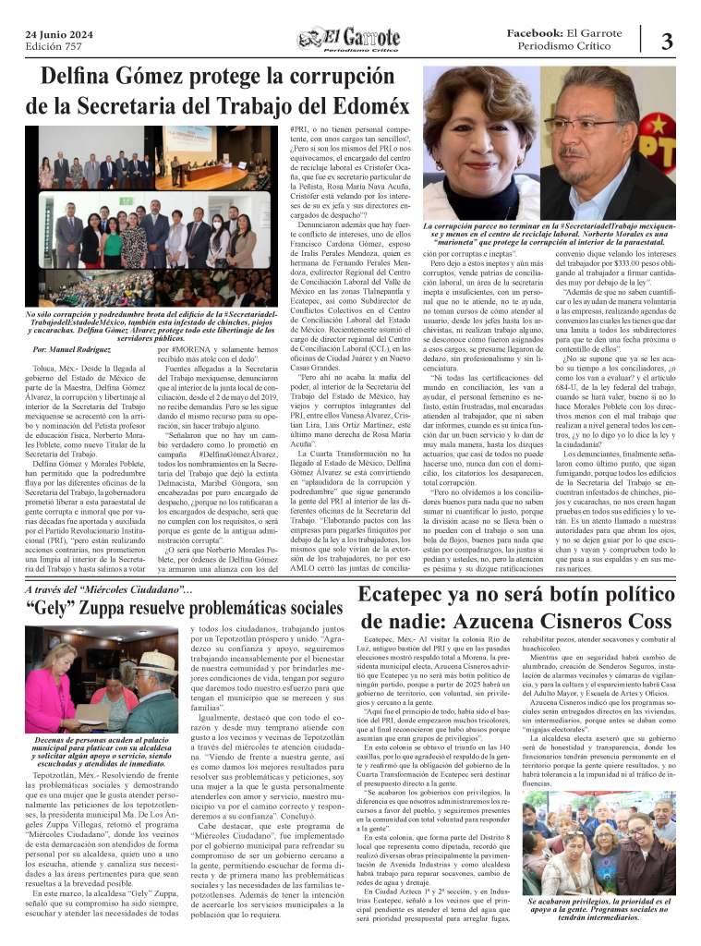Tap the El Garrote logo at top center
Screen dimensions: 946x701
coord(351,40)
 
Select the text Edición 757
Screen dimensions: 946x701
coord(54,45)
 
